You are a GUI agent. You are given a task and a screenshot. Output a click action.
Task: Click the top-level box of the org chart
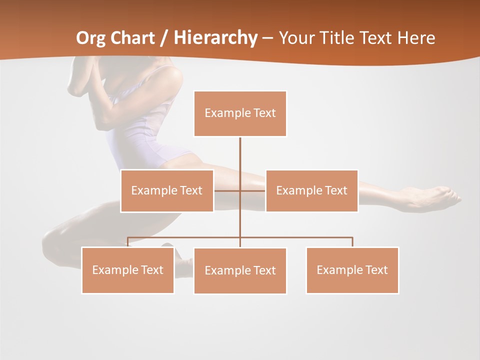point(240,113)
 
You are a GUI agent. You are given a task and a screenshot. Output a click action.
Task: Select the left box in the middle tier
point(167,190)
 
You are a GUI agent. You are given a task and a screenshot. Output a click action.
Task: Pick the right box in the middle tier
point(311,190)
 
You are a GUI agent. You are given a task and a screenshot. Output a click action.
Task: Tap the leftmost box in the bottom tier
point(127,270)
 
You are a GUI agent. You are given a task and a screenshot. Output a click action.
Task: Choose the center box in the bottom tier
point(240,270)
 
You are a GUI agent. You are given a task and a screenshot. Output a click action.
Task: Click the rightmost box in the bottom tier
point(352,270)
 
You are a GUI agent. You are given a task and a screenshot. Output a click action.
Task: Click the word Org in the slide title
point(90,38)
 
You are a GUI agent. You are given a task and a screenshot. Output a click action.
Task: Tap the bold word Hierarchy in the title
point(215,38)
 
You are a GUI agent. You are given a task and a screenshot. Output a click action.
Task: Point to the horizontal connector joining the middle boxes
point(227,190)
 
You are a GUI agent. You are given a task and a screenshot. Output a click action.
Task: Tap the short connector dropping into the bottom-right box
point(352,242)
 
